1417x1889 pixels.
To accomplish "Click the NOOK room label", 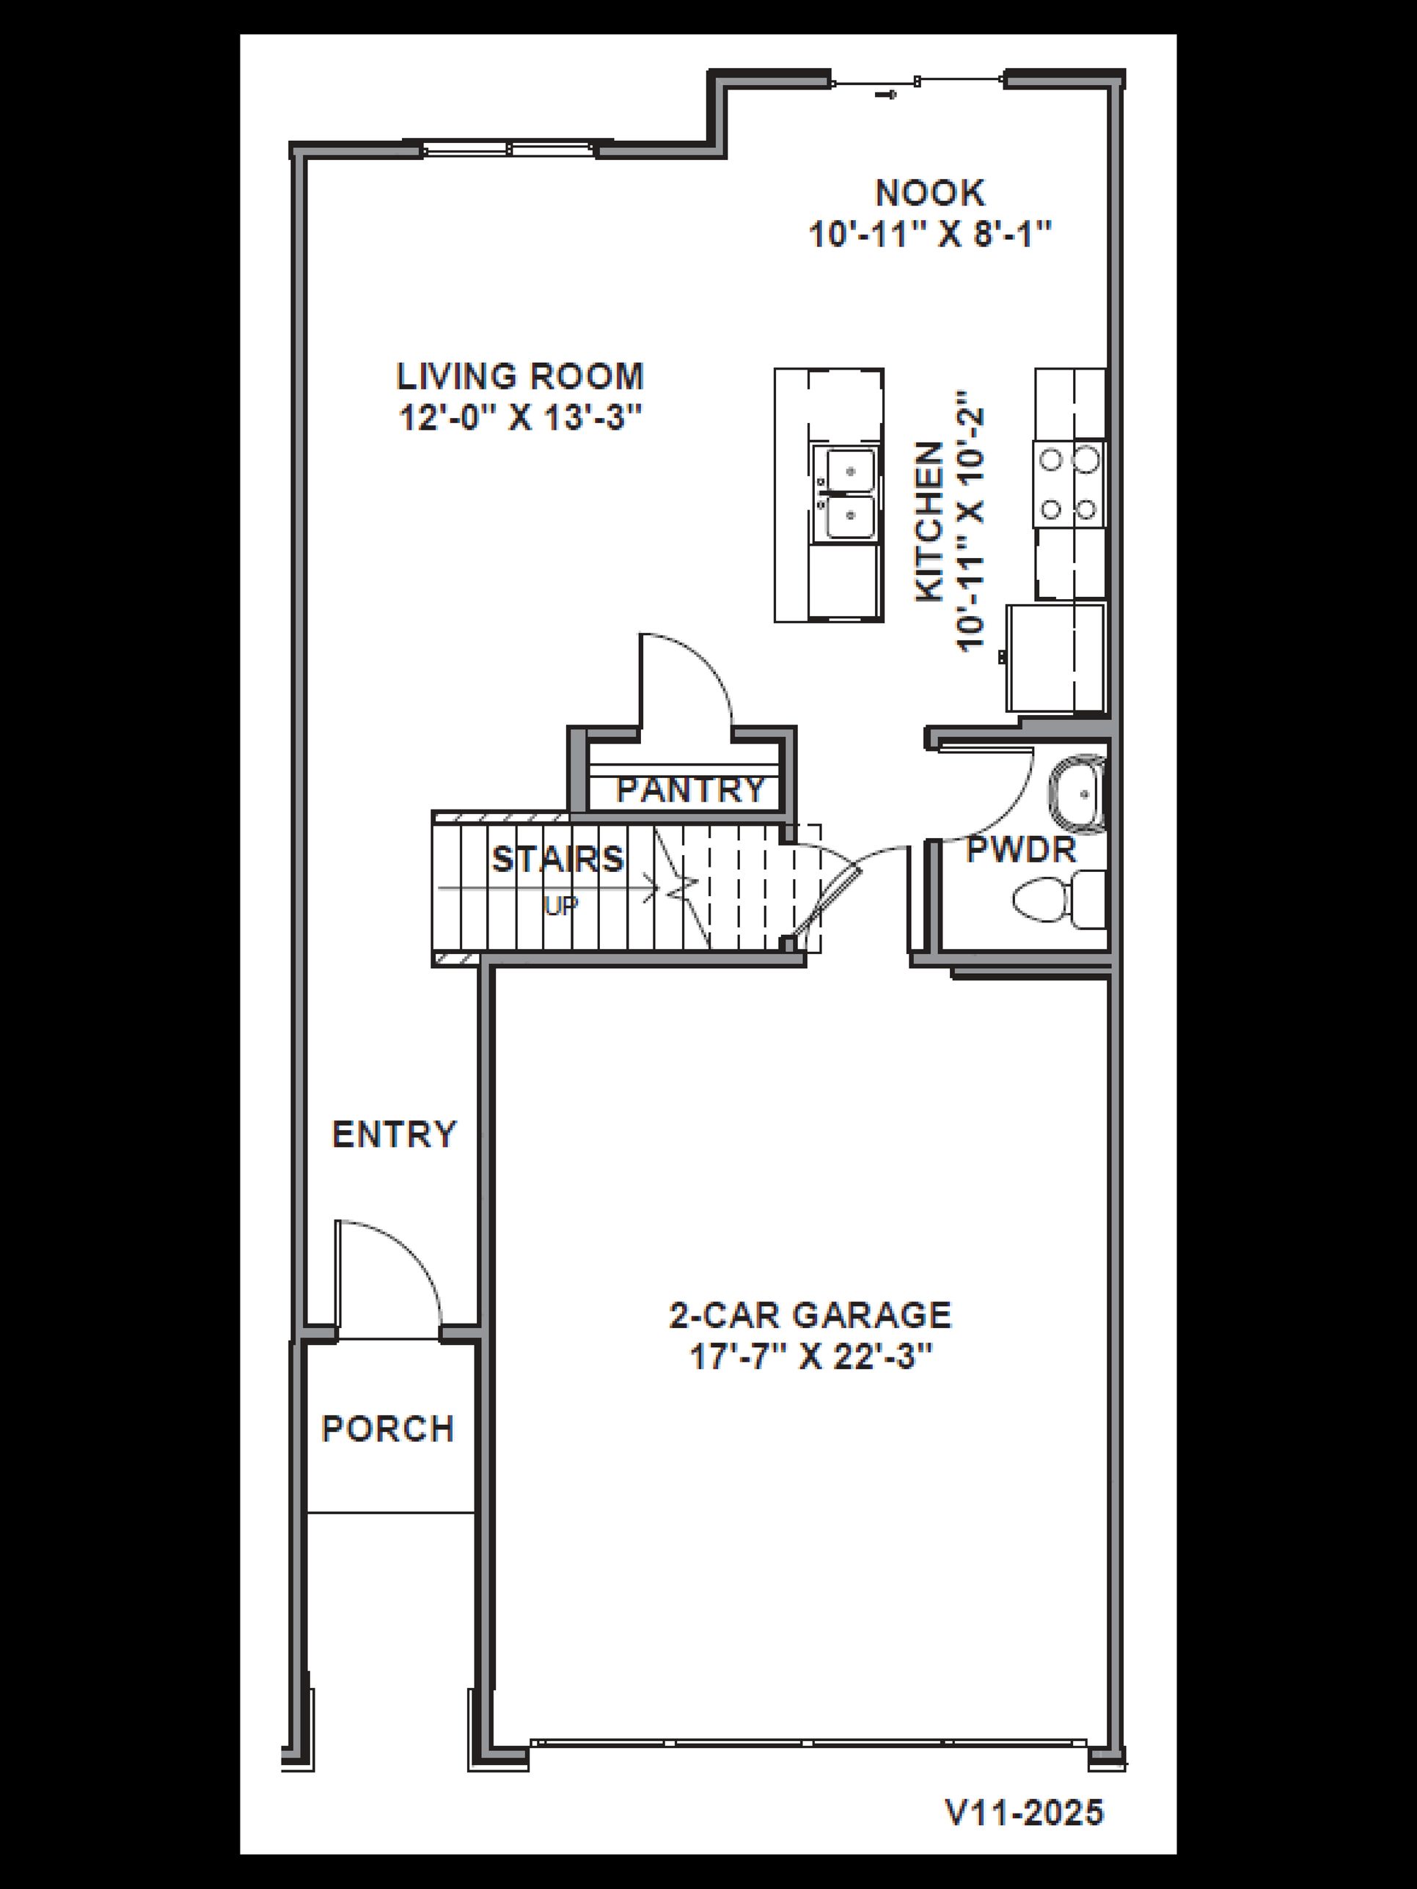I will [929, 193].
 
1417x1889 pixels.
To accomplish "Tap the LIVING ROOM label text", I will [519, 377].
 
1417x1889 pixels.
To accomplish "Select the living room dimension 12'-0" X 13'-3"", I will [519, 419].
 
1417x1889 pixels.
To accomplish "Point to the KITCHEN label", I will [930, 522].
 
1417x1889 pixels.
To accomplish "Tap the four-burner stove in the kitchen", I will [1069, 485].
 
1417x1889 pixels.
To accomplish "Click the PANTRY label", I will [690, 790].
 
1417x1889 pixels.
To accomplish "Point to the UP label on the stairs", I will [561, 905].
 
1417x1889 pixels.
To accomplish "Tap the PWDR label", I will [1021, 851].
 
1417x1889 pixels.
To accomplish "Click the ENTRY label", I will [394, 1135].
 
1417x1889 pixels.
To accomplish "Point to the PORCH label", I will [388, 1428].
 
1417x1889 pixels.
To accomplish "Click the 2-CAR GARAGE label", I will [810, 1315].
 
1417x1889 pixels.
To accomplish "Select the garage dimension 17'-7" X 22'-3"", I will [809, 1358].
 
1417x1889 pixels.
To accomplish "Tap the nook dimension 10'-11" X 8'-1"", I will [929, 234].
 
